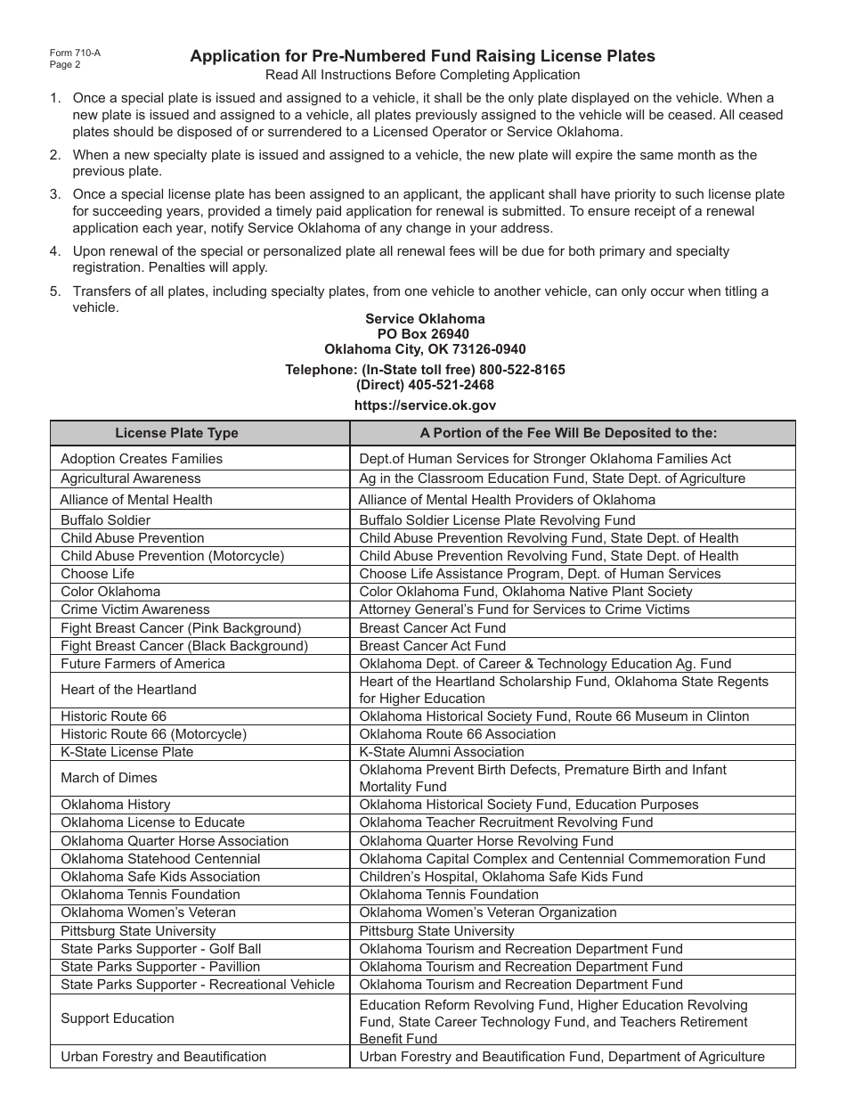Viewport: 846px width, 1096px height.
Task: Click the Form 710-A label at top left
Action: [x=75, y=53]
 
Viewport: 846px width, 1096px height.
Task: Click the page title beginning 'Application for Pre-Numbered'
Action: [x=422, y=56]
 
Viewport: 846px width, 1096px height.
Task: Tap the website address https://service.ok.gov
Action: [x=425, y=405]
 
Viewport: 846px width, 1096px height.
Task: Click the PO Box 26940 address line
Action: [x=425, y=334]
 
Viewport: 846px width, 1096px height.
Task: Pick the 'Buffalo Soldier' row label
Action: [x=105, y=519]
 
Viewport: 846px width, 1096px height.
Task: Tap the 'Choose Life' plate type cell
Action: [x=97, y=574]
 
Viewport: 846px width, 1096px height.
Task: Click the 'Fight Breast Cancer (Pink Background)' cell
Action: [x=181, y=627]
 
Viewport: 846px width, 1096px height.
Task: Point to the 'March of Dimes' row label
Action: [x=103, y=778]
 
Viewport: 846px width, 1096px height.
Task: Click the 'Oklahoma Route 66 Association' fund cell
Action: [x=457, y=734]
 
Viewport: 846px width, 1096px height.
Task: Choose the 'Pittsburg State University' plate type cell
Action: [x=138, y=930]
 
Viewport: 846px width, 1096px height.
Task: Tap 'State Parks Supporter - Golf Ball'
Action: [x=160, y=948]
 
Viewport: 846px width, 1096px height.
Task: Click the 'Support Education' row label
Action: [x=118, y=1018]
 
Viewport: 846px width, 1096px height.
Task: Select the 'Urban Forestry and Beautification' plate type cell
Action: [x=163, y=1057]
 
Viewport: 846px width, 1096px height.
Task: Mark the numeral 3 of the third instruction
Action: [x=55, y=194]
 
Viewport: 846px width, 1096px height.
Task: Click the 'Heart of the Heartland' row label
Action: [x=128, y=690]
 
